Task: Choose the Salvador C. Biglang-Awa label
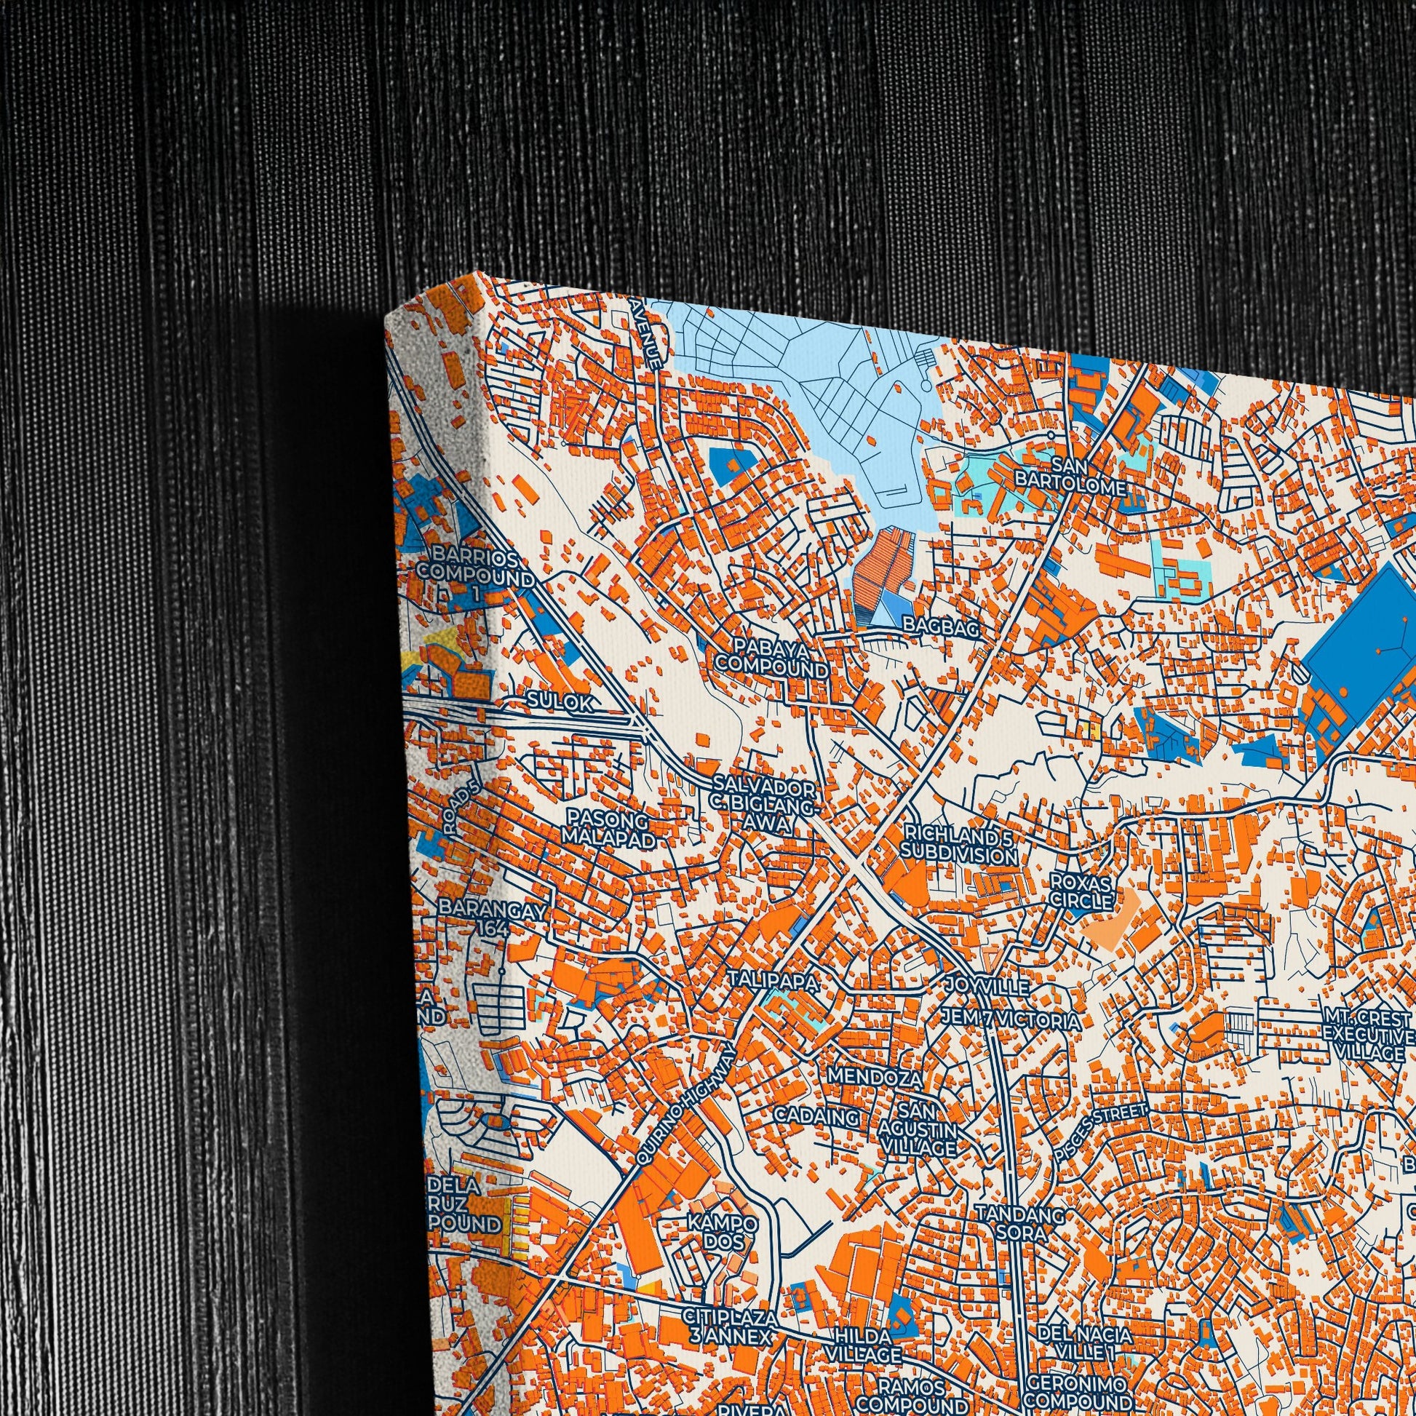[x=763, y=806]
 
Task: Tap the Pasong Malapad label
[x=608, y=828]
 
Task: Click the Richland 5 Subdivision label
[x=960, y=844]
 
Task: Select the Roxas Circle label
[x=1081, y=891]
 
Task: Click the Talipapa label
[x=773, y=981]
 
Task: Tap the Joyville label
[x=987, y=987]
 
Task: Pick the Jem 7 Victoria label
[x=1011, y=1019]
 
